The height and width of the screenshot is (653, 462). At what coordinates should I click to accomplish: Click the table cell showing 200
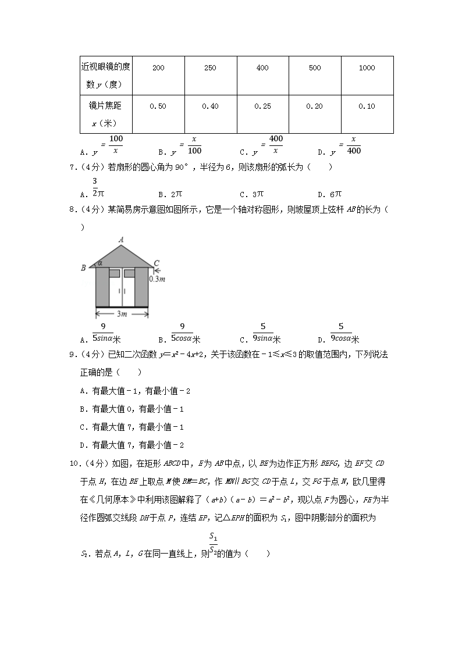coord(158,68)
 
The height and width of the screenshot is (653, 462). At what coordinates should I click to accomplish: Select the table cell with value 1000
coord(367,68)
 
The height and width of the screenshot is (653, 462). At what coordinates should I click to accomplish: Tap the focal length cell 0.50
coord(158,106)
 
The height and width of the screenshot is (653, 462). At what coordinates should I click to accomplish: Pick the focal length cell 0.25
coord(262,106)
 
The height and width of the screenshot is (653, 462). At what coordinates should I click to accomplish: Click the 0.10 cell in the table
coord(367,106)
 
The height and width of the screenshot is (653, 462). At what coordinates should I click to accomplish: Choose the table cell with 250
coord(210,68)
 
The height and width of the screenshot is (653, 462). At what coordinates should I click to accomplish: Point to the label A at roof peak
coord(122,239)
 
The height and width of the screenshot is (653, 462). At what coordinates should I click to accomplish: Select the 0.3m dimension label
coord(157,279)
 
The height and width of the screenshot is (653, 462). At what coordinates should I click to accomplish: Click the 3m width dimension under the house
coord(122,315)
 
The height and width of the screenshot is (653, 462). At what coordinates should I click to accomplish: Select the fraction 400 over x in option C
coord(276,144)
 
